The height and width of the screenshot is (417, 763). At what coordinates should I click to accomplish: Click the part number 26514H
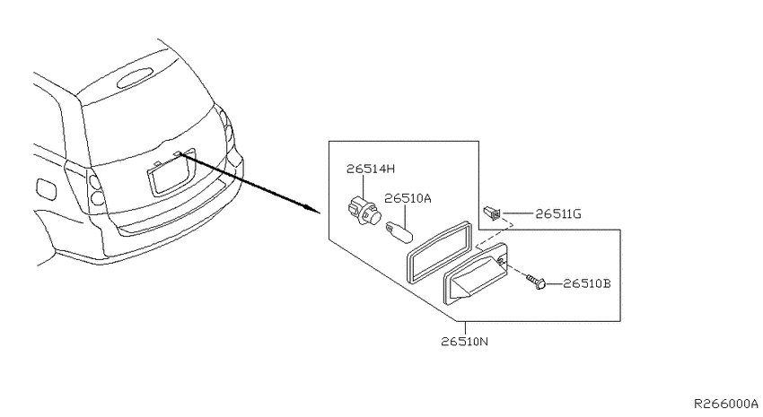[x=371, y=169]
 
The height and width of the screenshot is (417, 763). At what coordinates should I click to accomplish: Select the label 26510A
[x=408, y=198]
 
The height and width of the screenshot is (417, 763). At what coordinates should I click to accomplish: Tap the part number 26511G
[x=558, y=213]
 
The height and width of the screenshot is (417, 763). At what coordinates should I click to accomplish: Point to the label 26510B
[x=587, y=283]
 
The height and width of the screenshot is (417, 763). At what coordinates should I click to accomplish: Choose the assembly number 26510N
[x=465, y=341]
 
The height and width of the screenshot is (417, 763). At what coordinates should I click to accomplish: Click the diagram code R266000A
[x=725, y=404]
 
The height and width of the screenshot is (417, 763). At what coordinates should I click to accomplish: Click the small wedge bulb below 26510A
[x=399, y=230]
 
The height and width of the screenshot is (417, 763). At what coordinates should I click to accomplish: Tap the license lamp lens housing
[x=475, y=274]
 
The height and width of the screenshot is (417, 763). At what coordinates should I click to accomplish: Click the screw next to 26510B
[x=536, y=282]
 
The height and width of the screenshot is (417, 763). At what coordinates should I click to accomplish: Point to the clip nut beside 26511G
[x=492, y=213]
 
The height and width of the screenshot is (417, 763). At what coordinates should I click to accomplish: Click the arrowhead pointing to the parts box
[x=313, y=210]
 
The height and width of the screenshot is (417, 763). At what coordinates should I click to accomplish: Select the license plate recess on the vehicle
[x=171, y=172]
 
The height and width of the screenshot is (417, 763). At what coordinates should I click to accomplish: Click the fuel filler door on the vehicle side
[x=46, y=188]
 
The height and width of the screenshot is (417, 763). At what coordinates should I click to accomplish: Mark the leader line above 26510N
[x=466, y=328]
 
